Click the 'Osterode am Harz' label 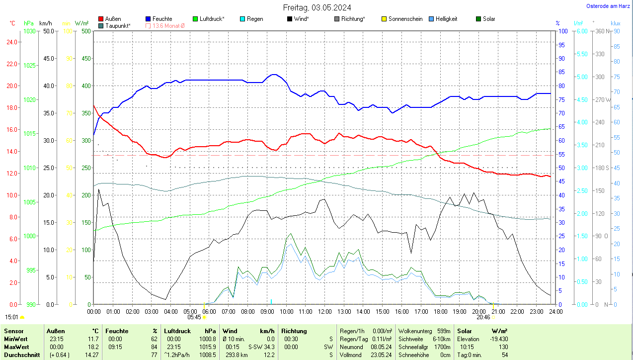coord(608,6)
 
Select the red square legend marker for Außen coord(101,19)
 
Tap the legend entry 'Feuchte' coord(162,19)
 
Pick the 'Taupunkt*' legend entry coord(118,25)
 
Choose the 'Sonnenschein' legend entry coord(405,19)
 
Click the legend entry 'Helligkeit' coord(446,19)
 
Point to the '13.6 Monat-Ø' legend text coord(168,25)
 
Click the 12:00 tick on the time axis coord(324,311)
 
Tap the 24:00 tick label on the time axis coord(555,311)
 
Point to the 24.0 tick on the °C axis coord(10,42)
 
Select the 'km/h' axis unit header coord(45,23)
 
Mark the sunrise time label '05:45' coord(194,317)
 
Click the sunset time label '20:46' coord(483,317)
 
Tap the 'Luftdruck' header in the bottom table coord(177,331)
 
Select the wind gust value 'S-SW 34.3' coord(261,347)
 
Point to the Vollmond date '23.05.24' coord(381,355)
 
